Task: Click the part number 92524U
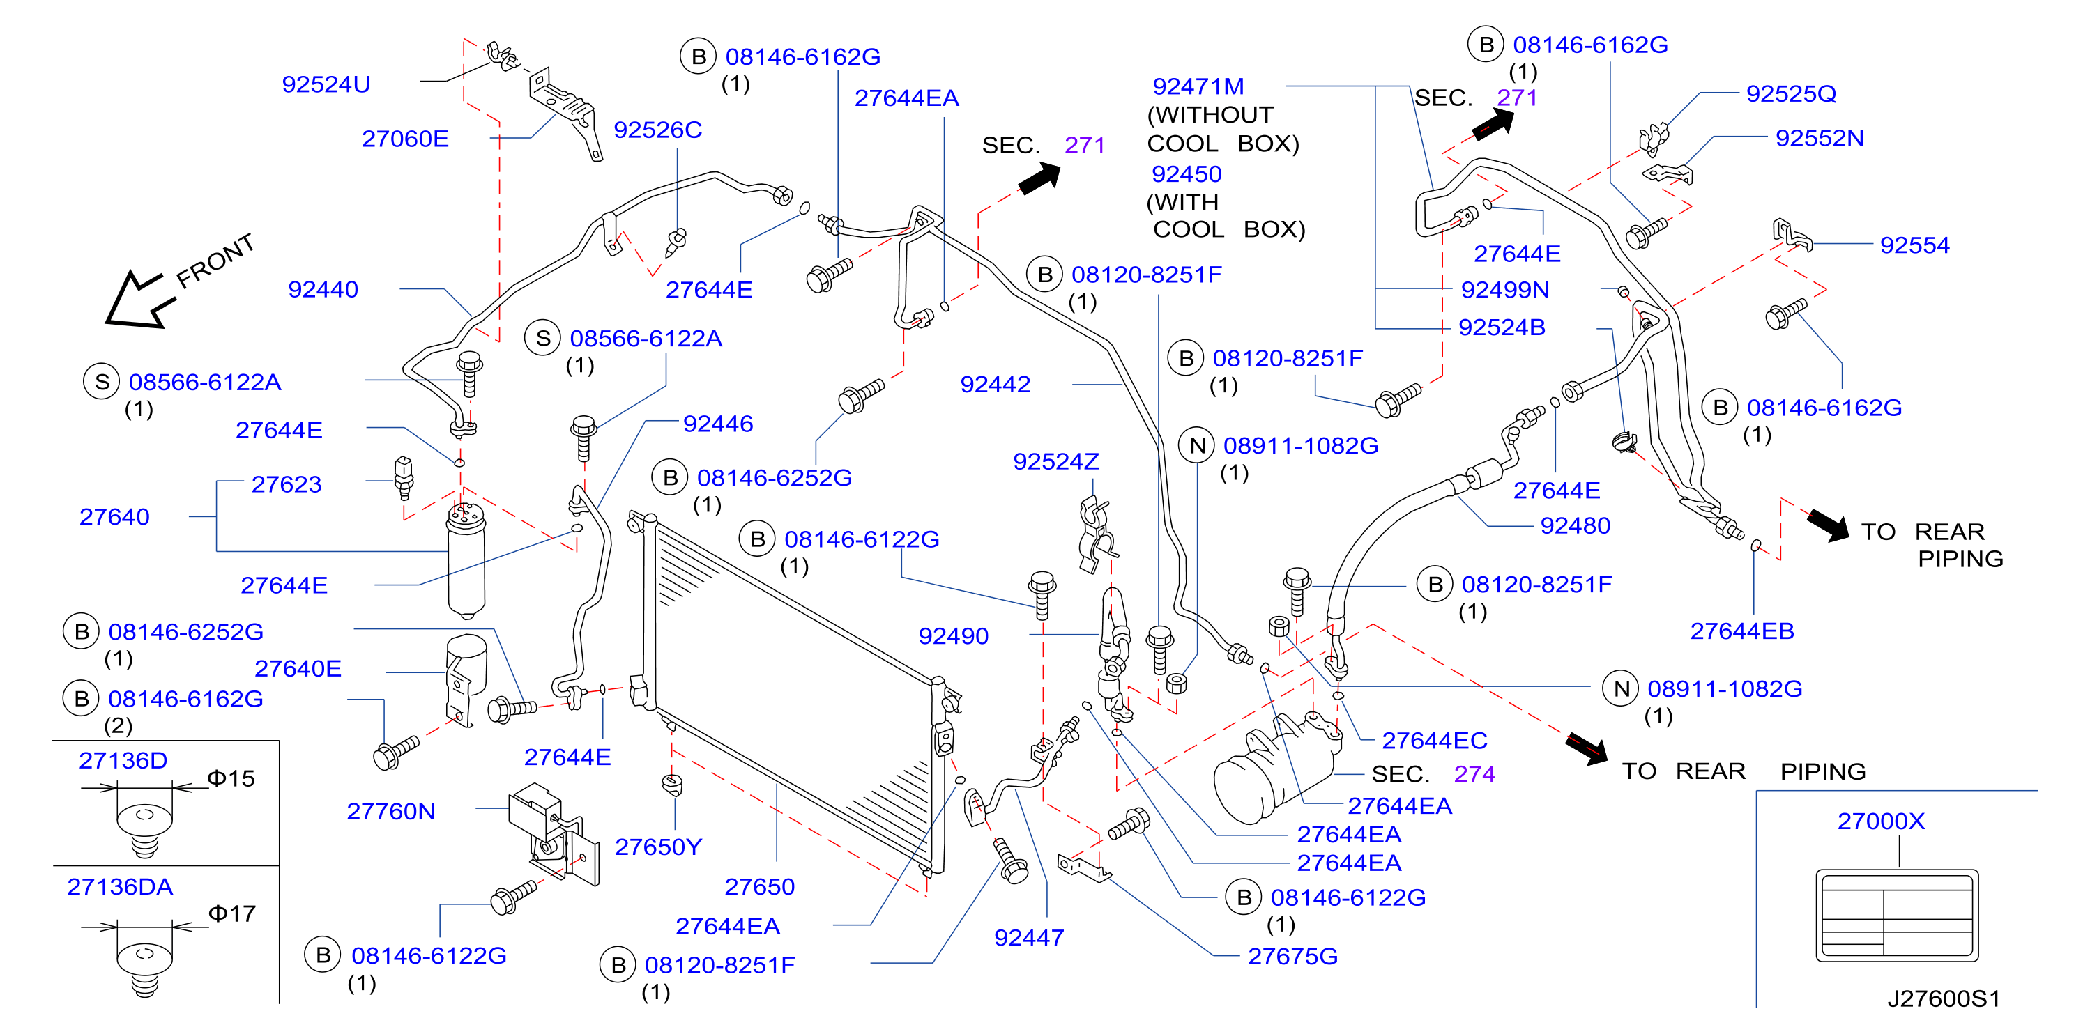pos(326,84)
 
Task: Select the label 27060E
pos(405,139)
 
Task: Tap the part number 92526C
pos(657,130)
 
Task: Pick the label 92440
pos(323,290)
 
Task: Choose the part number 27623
pos(287,484)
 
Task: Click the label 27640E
pos(298,668)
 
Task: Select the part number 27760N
pos(390,811)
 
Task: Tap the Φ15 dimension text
pos(231,778)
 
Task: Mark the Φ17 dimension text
pos(232,914)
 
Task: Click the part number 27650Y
pos(658,847)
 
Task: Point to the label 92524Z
pos(1055,461)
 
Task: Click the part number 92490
pos(953,636)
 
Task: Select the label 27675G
pos(1292,956)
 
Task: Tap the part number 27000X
pos(1881,821)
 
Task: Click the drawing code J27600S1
pos(1943,998)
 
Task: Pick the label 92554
pos(1915,245)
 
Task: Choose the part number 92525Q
pos(1791,93)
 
